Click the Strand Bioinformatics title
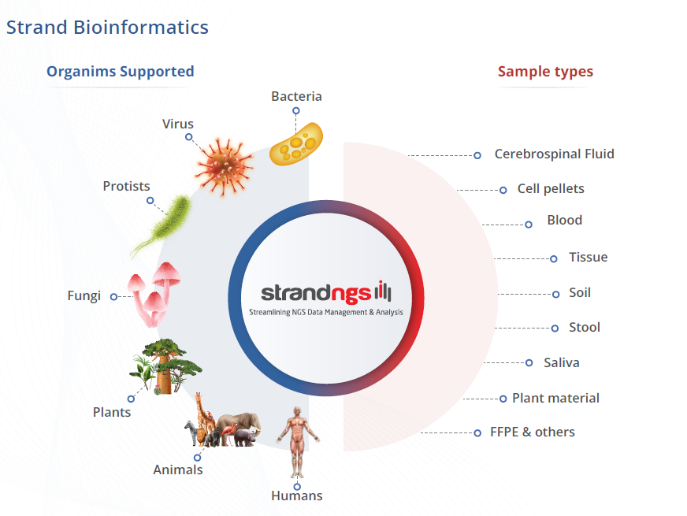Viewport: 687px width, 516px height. point(107,28)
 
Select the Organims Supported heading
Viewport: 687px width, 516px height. point(120,72)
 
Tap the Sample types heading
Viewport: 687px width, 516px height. point(545,72)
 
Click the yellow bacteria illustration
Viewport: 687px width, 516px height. point(296,143)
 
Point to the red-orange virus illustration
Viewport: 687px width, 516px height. point(224,166)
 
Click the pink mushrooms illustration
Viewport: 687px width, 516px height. point(155,291)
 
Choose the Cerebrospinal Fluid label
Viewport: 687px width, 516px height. point(554,154)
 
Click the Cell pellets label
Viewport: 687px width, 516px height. point(551,189)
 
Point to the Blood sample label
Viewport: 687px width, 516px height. point(564,221)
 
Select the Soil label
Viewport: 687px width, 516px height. point(580,293)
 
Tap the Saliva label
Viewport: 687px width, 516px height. point(561,363)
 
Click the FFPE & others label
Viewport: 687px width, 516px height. point(532,432)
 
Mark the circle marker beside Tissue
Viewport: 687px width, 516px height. point(553,258)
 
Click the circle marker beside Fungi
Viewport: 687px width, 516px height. point(113,297)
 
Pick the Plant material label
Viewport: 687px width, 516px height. point(555,399)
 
